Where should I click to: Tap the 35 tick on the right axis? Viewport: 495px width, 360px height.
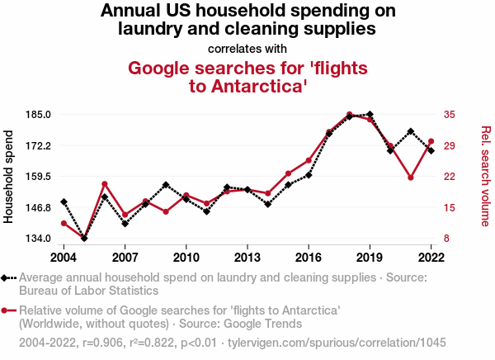tap(450, 114)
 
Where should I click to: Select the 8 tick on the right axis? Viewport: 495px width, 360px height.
tap(447, 239)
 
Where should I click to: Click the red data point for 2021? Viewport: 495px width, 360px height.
tap(410, 178)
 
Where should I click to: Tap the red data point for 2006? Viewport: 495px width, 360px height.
tap(105, 184)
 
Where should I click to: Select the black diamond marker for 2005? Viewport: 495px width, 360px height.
tap(84, 238)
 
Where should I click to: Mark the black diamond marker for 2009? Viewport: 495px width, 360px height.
tap(166, 185)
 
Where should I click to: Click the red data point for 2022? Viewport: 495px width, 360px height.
tap(431, 142)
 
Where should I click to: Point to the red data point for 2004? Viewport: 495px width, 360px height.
tap(64, 223)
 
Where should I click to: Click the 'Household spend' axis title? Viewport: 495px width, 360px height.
tap(9, 176)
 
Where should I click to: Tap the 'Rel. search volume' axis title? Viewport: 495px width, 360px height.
tap(485, 176)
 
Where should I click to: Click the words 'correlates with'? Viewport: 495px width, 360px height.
tap(247, 48)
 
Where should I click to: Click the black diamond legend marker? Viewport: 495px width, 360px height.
tap(7, 278)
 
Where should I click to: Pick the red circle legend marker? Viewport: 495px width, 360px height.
tap(7, 310)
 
